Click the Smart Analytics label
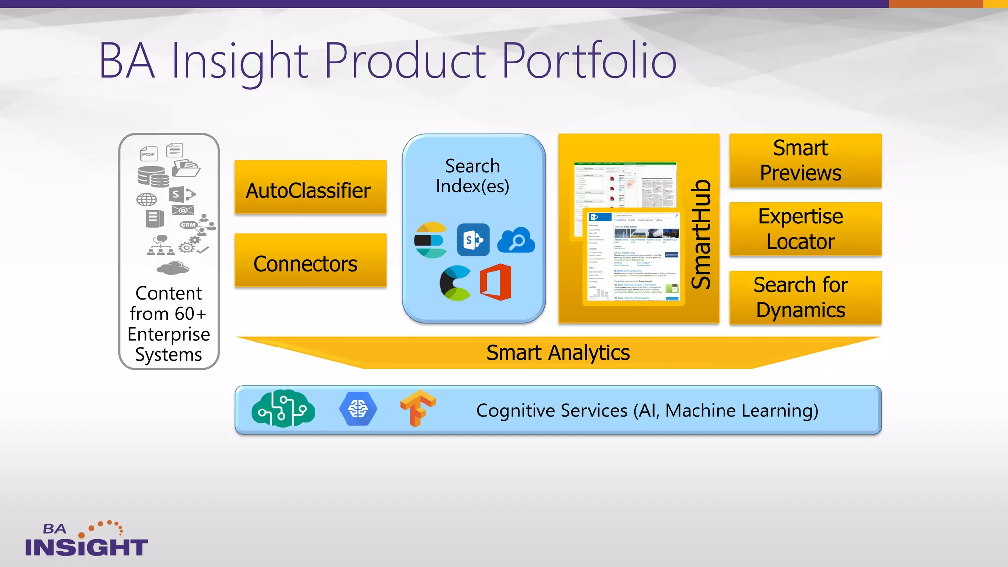coord(558,353)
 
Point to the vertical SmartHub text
coord(701,235)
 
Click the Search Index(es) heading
coord(472,176)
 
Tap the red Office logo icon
coord(496,283)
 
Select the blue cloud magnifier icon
coord(516,241)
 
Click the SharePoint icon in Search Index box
coord(473,240)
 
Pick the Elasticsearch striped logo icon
coord(431,240)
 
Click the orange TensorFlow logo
coord(417,409)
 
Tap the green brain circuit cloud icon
coord(283,409)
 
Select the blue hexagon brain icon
coord(358,409)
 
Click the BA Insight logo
coord(86,540)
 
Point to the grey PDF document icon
coord(148,154)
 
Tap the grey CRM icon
coord(188,225)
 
